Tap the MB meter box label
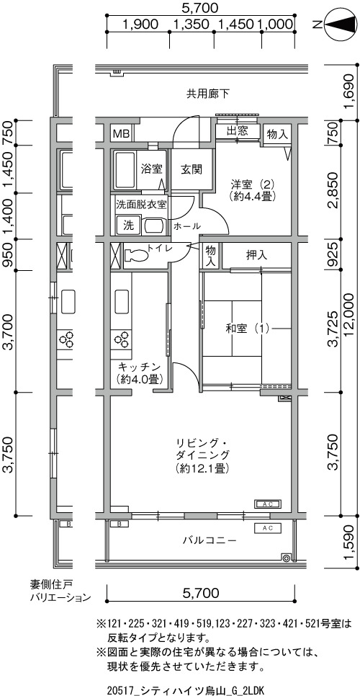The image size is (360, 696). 120,133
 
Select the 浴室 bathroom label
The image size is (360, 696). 151,169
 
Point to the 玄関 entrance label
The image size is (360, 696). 192,169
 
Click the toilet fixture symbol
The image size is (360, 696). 135,255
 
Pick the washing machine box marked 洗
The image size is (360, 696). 128,225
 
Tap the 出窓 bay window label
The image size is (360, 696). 237,131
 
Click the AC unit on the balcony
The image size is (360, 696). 267,528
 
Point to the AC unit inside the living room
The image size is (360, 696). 267,504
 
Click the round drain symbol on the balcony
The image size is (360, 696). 287,558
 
